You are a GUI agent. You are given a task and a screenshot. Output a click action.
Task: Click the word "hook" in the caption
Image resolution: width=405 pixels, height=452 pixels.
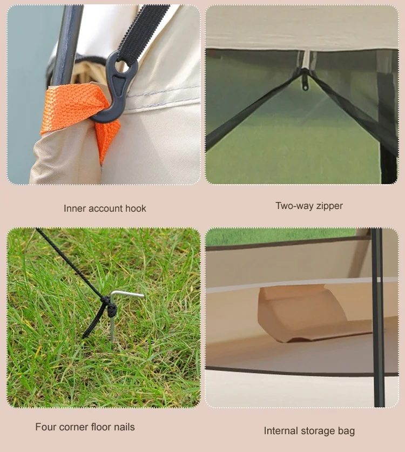click(x=136, y=208)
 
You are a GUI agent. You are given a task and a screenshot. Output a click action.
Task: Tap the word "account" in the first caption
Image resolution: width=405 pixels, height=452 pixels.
click(x=105, y=208)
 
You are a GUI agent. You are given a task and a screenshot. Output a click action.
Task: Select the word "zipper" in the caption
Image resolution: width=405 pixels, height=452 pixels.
click(x=329, y=206)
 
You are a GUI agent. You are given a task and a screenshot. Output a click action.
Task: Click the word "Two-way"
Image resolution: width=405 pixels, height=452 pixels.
click(x=294, y=206)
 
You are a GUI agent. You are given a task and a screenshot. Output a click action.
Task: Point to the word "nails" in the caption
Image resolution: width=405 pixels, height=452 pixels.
click(x=124, y=427)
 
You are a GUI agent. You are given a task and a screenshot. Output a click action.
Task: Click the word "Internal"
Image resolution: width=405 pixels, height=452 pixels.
click(x=281, y=431)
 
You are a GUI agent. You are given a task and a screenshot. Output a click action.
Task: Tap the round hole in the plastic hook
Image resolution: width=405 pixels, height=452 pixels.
click(x=120, y=65)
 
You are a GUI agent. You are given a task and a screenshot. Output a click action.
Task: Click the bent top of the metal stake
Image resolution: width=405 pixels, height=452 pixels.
click(x=127, y=295)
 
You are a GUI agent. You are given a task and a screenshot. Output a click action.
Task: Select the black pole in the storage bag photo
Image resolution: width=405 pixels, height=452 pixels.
click(x=378, y=317)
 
